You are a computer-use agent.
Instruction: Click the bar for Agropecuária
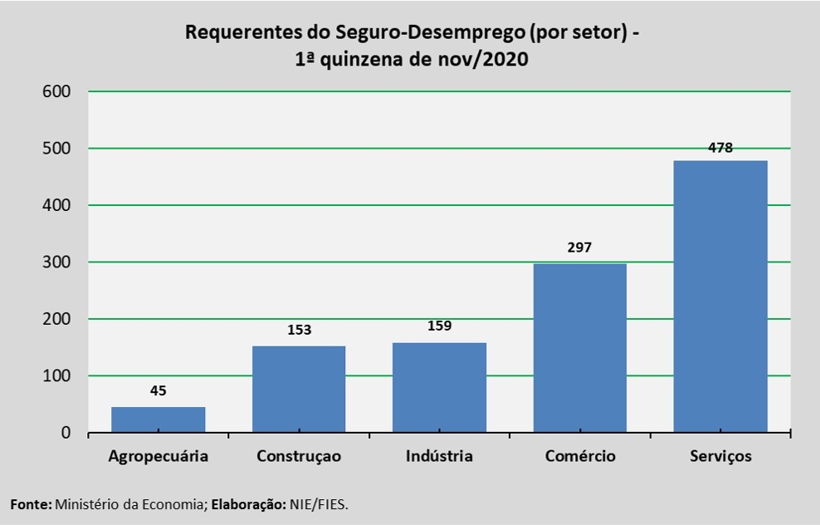tap(158, 420)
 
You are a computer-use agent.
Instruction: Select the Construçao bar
tap(299, 389)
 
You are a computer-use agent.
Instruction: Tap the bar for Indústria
tap(439, 387)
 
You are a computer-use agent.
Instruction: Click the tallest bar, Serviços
tap(720, 296)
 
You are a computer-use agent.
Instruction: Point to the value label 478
tap(720, 147)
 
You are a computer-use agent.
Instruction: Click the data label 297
tap(580, 248)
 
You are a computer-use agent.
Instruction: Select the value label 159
tap(439, 326)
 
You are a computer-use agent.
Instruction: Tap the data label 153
tap(299, 330)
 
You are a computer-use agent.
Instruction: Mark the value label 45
tap(158, 390)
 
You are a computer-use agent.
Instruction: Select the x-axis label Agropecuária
tap(158, 456)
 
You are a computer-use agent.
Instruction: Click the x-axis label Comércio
tap(580, 456)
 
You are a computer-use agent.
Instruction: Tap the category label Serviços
tap(720, 456)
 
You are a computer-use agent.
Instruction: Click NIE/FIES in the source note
tap(319, 504)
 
